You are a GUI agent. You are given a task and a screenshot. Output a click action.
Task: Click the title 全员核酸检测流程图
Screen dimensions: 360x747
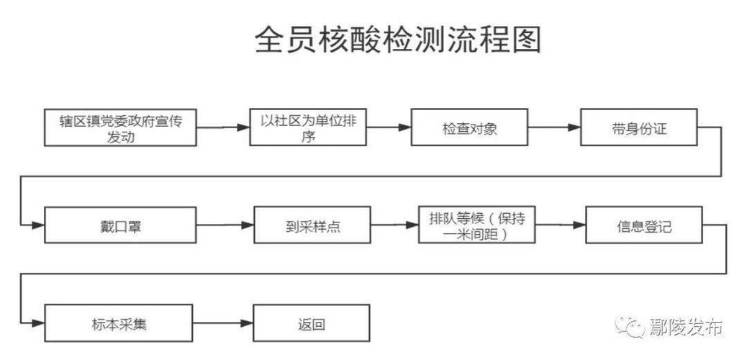(x=397, y=41)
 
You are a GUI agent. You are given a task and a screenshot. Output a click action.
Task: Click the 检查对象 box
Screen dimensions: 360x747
(x=470, y=128)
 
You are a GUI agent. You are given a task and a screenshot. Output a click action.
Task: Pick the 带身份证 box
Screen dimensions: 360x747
(x=639, y=127)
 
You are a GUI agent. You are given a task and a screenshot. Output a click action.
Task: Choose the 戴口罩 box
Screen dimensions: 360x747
(x=120, y=225)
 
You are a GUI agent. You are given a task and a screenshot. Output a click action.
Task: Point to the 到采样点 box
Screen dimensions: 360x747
(x=312, y=225)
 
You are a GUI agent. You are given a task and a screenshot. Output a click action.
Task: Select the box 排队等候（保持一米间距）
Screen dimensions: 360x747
(x=478, y=225)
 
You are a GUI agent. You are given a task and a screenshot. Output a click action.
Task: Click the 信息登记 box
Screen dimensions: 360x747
(x=643, y=225)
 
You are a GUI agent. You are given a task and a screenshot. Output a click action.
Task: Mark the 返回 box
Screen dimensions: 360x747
(x=311, y=323)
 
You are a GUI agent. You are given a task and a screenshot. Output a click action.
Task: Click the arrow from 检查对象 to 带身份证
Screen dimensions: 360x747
(x=555, y=127)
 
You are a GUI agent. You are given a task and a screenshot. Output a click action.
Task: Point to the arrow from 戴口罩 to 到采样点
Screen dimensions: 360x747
(x=225, y=225)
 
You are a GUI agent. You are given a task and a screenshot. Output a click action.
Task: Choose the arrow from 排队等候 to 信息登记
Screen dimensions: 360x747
(x=561, y=225)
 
